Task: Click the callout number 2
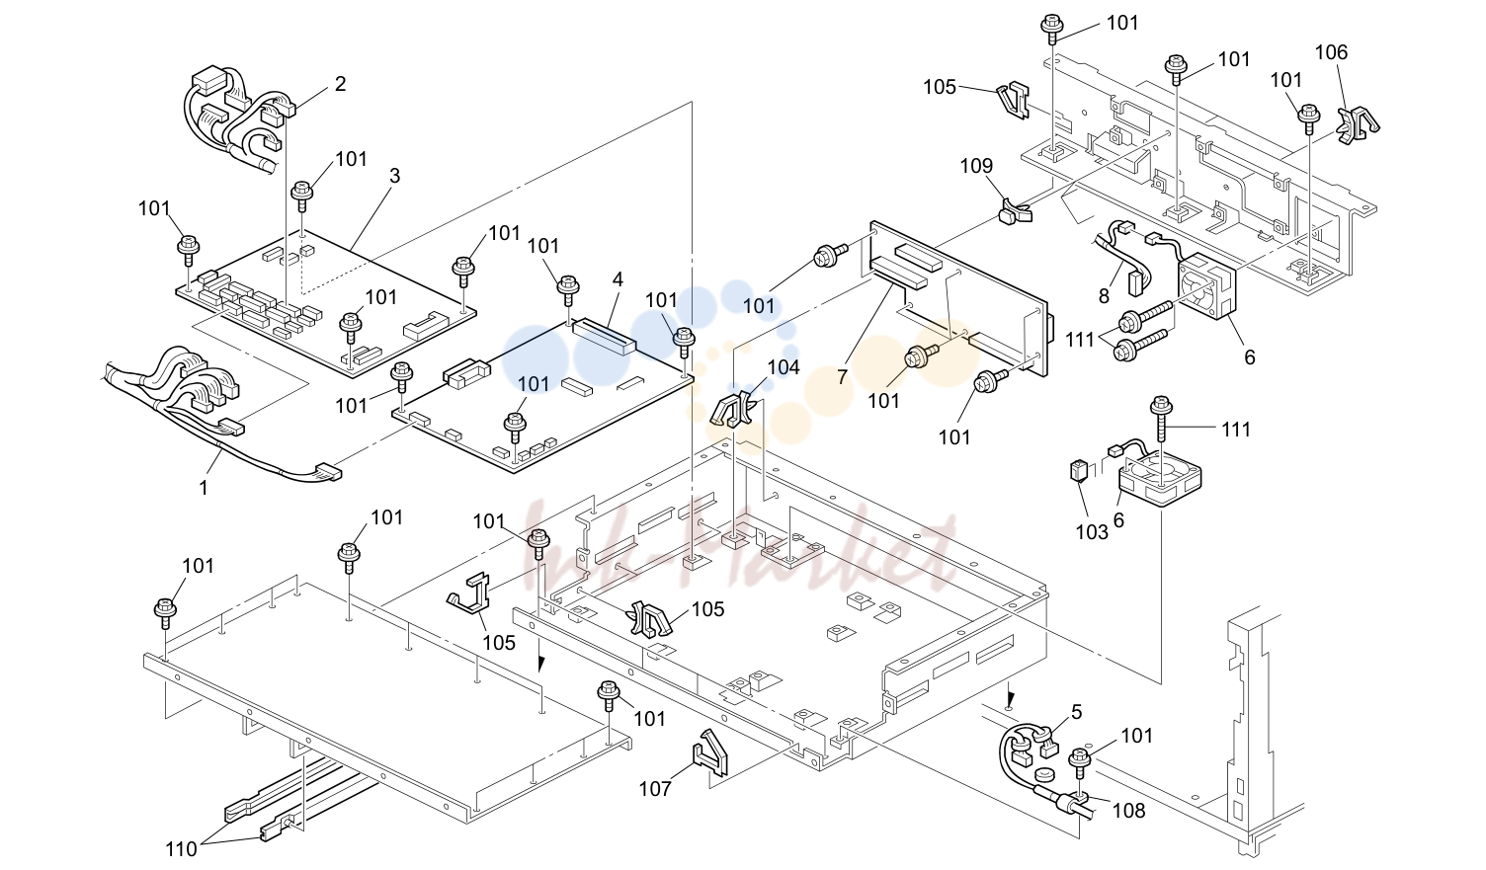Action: click(340, 84)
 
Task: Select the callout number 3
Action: click(395, 176)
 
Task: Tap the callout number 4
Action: click(618, 279)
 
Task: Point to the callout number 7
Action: click(843, 376)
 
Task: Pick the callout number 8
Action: click(1104, 295)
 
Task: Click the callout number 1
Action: click(204, 488)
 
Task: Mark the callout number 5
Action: click(1076, 712)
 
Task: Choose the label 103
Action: click(1092, 532)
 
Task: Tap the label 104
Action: click(784, 367)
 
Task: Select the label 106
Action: click(1332, 52)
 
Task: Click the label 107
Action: click(655, 789)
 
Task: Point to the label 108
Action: click(1129, 811)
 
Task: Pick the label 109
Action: click(976, 166)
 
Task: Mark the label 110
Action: click(181, 849)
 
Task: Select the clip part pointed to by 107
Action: click(709, 751)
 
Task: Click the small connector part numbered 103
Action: click(1077, 470)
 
